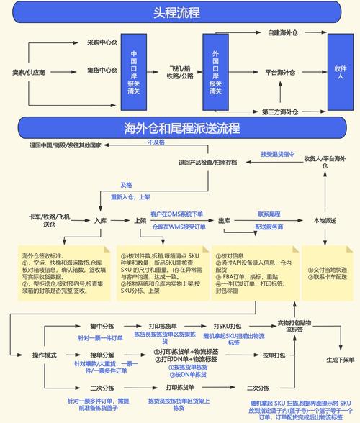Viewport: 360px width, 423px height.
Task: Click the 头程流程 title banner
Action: [x=176, y=14]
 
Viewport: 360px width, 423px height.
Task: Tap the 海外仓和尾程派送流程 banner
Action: [x=181, y=129]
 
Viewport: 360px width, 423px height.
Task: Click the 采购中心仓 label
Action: [x=102, y=42]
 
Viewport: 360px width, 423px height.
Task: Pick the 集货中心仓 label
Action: [x=102, y=70]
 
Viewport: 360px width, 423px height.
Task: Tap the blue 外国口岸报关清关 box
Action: [x=215, y=72]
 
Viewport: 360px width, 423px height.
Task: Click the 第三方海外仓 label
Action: [x=280, y=112]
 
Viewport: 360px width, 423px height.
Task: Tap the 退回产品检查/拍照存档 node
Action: [x=208, y=163]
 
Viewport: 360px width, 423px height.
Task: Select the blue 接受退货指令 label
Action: [x=277, y=154]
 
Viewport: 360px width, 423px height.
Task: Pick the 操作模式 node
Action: [x=45, y=355]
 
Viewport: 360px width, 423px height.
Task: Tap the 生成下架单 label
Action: [x=341, y=360]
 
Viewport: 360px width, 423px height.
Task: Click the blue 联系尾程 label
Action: [x=269, y=214]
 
